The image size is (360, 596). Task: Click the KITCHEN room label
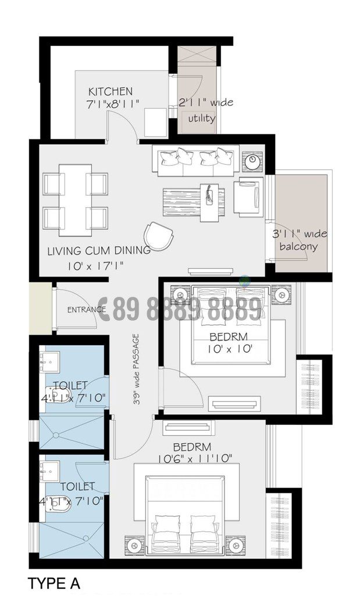point(110,91)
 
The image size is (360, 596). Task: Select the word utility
point(201,118)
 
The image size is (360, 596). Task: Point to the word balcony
point(298,246)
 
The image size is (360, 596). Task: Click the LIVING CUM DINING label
point(98,251)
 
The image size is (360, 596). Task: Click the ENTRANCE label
point(86,309)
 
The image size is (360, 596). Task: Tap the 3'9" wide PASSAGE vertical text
point(136,369)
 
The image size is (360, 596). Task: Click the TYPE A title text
point(54,583)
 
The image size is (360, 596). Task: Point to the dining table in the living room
point(75,200)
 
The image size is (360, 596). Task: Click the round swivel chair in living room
point(159,236)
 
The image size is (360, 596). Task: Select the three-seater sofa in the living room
point(195,160)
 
